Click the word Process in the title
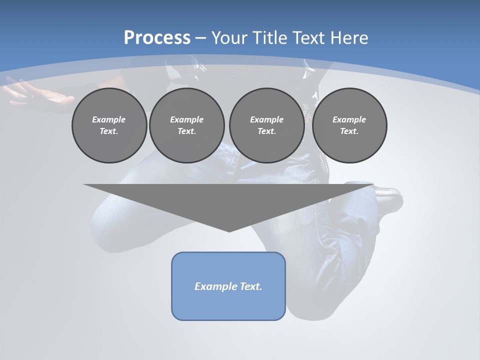157,38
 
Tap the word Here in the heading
349,38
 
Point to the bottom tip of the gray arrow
229,231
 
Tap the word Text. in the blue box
251,286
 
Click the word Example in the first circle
109,119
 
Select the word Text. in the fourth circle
349,131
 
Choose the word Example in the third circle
266,119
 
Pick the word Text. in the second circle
186,131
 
